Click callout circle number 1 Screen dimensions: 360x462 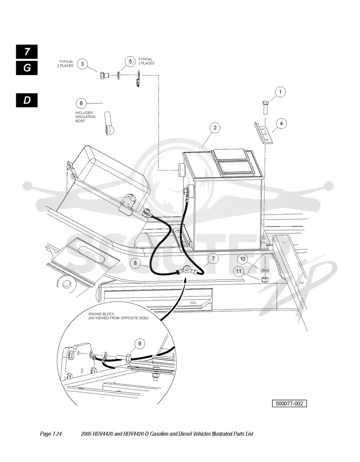[280, 92]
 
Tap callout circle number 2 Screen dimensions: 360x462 [215, 128]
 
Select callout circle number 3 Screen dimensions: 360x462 [82, 64]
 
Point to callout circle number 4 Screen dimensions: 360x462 [281, 123]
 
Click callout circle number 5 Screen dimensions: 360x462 [130, 62]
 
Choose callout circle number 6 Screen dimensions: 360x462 [81, 103]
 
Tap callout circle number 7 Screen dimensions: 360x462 [213, 259]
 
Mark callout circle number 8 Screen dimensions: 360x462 [135, 263]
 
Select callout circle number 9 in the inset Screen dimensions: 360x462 [139, 344]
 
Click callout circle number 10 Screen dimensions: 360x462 [243, 259]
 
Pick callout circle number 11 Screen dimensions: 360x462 [239, 271]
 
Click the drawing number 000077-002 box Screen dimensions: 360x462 [289, 404]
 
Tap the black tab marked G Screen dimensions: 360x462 [27, 68]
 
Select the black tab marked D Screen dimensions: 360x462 [27, 100]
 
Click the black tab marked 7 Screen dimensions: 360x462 [27, 52]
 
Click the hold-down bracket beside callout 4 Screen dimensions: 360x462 [264, 133]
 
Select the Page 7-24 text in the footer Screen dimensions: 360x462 [51, 434]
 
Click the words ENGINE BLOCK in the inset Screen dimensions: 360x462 [101, 314]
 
